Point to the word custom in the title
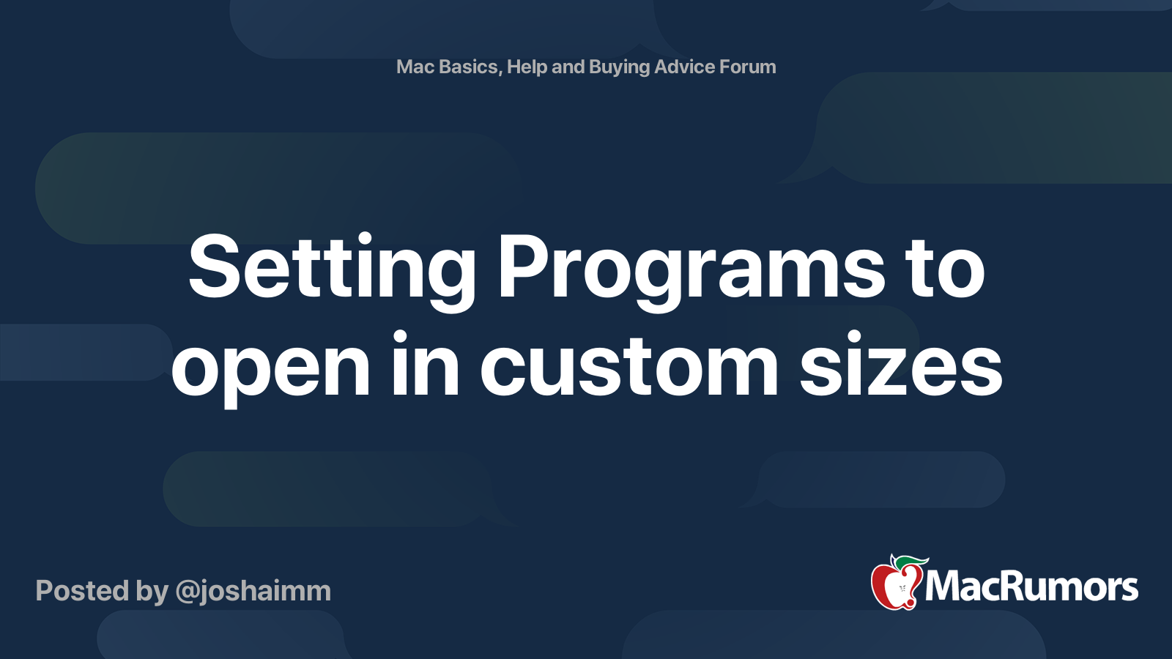pyautogui.click(x=630, y=366)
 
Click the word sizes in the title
pyautogui.click(x=901, y=366)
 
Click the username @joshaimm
pyautogui.click(x=253, y=591)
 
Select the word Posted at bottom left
pyautogui.click(x=82, y=591)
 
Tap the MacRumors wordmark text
pyautogui.click(x=1031, y=587)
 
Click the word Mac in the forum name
pyautogui.click(x=415, y=67)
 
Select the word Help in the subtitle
pyautogui.click(x=527, y=67)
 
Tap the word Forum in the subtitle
pyautogui.click(x=747, y=67)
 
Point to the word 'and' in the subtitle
pyautogui.click(x=568, y=67)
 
